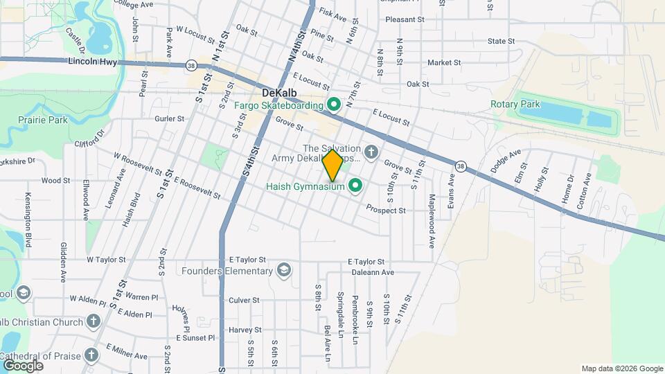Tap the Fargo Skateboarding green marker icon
coord(333,105)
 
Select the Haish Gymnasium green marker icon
coord(356,186)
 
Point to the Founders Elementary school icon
coord(283,269)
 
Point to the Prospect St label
coord(385,209)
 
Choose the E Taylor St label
coord(366,262)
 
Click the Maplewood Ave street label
coord(431,222)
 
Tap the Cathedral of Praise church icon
coord(91,355)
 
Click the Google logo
coord(22,365)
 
